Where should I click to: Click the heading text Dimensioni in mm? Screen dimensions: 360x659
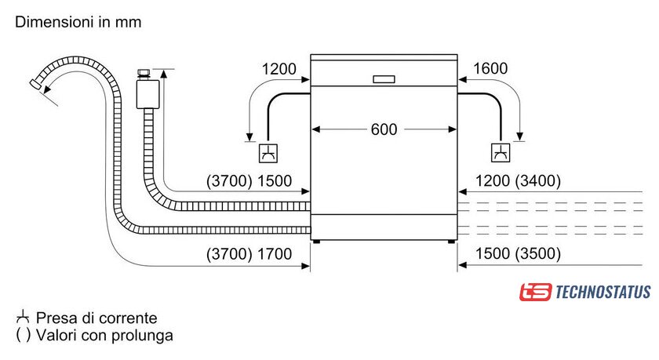[78, 22]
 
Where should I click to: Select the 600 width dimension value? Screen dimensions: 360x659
[384, 129]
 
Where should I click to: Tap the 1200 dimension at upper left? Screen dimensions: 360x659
[279, 69]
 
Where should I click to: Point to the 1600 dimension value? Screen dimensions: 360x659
[492, 69]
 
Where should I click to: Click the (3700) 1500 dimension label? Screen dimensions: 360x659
[249, 181]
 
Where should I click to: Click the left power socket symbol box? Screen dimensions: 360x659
[268, 151]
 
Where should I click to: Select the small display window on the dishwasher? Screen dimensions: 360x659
[384, 79]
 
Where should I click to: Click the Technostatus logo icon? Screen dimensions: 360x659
[535, 292]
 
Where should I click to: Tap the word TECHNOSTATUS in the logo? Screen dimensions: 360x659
[603, 292]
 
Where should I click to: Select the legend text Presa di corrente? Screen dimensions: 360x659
[96, 318]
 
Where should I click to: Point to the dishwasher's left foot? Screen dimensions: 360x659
[316, 242]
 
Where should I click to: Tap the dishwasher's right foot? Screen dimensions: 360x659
[452, 242]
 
